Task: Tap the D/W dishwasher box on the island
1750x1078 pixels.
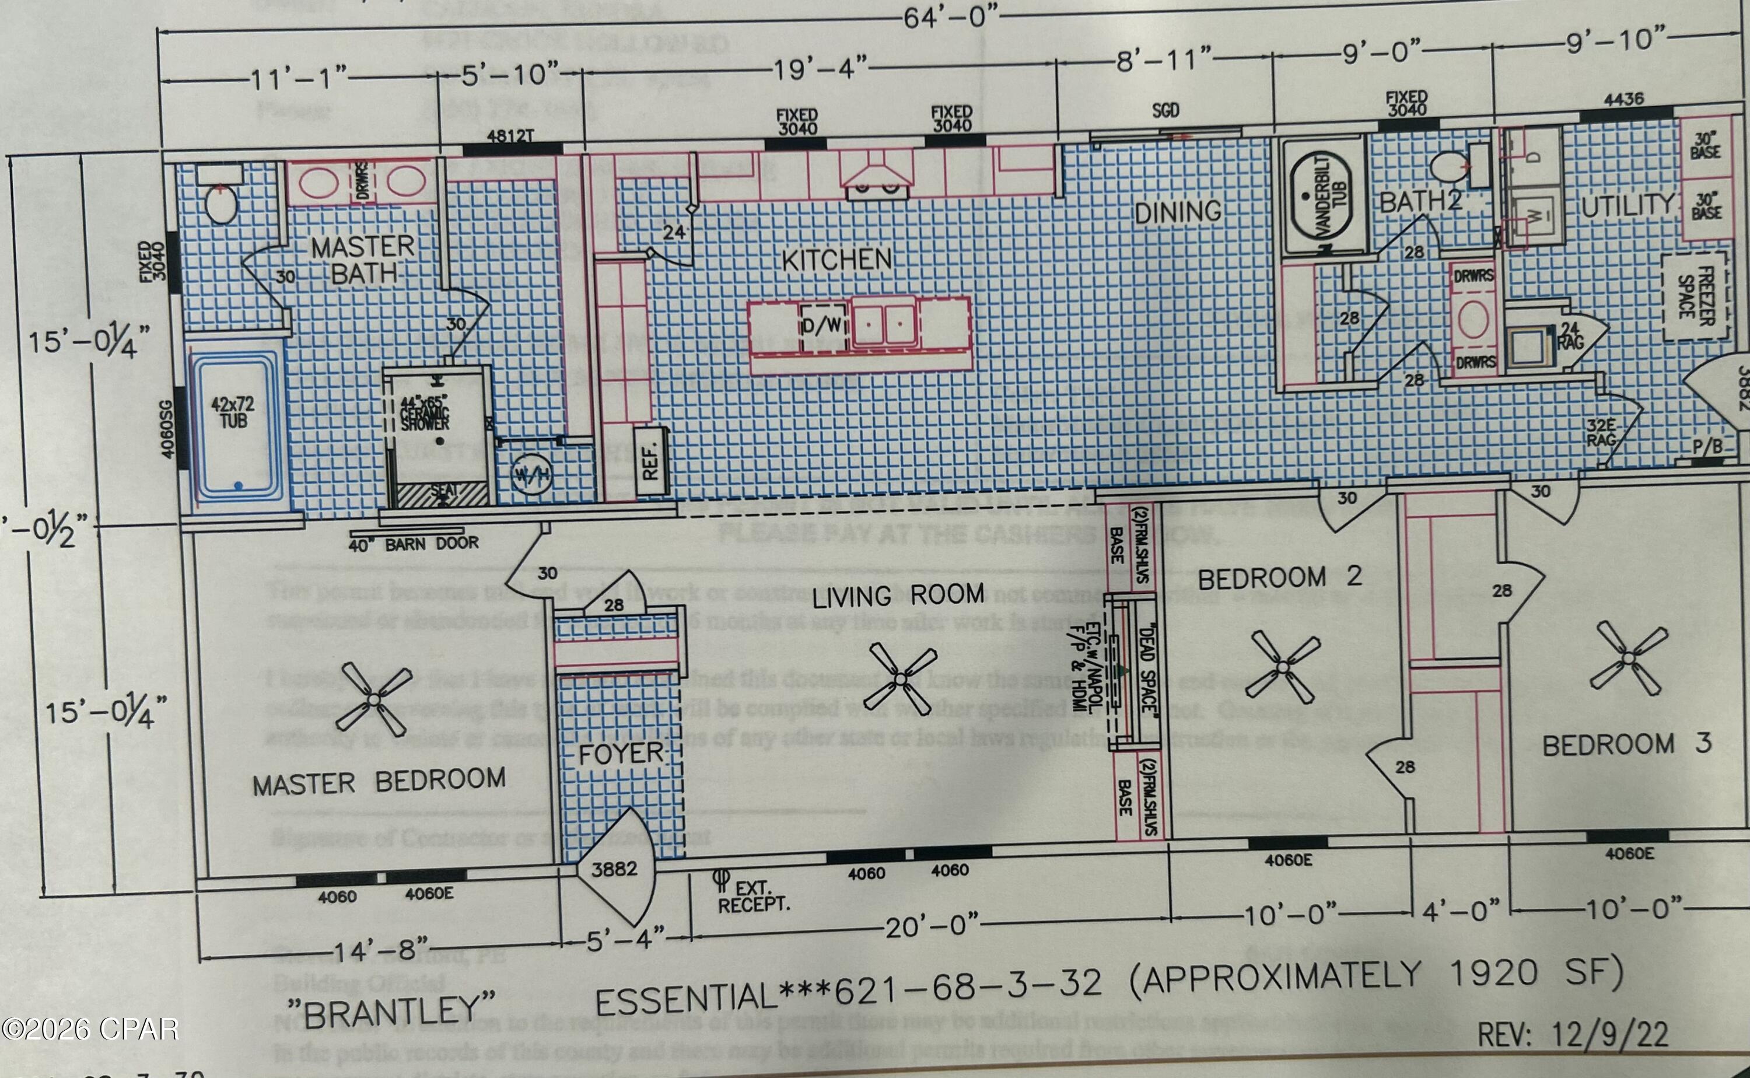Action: pyautogui.click(x=822, y=325)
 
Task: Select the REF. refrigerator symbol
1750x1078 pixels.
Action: pyautogui.click(x=649, y=461)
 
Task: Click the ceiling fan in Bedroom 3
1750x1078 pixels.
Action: pyautogui.click(x=1629, y=658)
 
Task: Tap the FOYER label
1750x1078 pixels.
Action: pyautogui.click(x=621, y=754)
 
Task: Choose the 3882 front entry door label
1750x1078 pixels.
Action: pyautogui.click(x=614, y=869)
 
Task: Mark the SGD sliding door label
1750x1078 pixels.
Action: pyautogui.click(x=1165, y=110)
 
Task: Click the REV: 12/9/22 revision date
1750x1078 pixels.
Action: pyautogui.click(x=1573, y=1034)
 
